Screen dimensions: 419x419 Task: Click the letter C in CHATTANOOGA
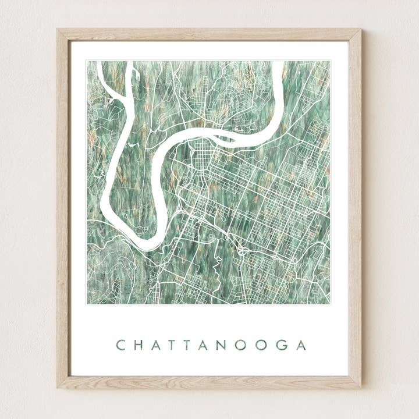(120, 345)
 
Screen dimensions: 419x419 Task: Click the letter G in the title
(282, 345)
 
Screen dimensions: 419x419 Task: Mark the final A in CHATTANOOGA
(300, 345)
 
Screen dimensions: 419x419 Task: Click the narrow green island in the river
(224, 139)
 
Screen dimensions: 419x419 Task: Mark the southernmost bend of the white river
(143, 244)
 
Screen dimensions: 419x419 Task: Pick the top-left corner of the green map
(87, 61)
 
